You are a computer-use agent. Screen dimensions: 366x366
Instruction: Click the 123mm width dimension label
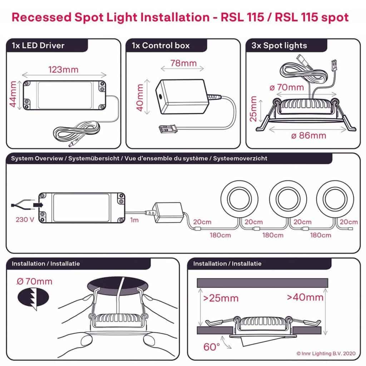point(64,69)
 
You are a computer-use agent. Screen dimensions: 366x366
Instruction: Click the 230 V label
point(23,219)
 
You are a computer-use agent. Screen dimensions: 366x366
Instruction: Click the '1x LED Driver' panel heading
point(38,46)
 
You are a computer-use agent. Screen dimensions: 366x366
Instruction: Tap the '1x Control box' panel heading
point(160,46)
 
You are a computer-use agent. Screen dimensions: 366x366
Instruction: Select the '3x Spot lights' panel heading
point(279,46)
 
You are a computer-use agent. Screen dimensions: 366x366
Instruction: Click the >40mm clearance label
point(305,297)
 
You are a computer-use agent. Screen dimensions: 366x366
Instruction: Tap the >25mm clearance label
point(221,298)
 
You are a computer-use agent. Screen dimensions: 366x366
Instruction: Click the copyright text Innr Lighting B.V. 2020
point(326,353)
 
